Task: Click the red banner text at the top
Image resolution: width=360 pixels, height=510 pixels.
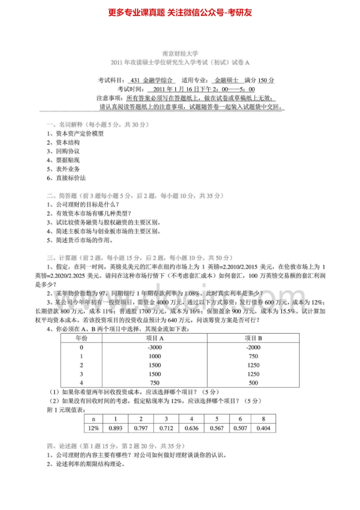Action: (x=180, y=12)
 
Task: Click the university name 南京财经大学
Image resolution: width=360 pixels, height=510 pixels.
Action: (x=180, y=54)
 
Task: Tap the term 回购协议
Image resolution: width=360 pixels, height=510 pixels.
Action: (x=68, y=151)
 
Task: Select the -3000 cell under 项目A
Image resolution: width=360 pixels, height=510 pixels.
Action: (x=155, y=347)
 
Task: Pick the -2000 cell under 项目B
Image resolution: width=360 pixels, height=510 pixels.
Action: (x=253, y=347)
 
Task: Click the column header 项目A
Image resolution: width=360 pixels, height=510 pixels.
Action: (x=155, y=338)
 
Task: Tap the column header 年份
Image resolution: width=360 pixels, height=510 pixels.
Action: (x=81, y=338)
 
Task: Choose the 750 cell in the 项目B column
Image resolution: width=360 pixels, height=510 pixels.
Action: (x=253, y=356)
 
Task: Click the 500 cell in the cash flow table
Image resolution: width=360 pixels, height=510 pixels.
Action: (x=253, y=383)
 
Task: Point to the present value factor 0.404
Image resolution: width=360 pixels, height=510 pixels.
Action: (x=263, y=428)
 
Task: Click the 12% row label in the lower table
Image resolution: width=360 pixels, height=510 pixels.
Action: (x=94, y=428)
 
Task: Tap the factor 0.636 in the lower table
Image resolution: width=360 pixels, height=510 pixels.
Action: (x=191, y=428)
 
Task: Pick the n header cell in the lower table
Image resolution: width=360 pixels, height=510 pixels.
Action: (x=94, y=419)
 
